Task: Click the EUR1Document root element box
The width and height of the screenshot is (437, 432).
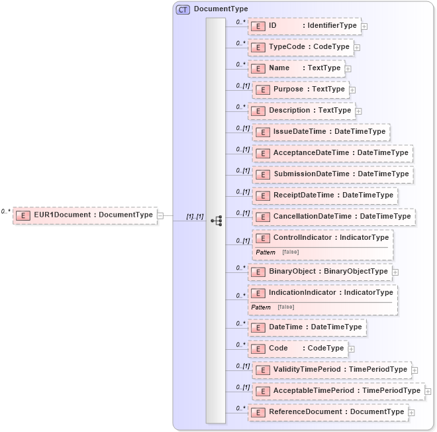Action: tap(85, 215)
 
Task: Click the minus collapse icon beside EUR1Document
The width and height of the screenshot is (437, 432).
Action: tap(160, 215)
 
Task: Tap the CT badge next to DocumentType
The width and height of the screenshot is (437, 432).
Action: tap(183, 9)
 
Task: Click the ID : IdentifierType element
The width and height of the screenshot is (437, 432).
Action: tap(305, 26)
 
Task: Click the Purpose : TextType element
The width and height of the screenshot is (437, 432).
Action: tap(301, 89)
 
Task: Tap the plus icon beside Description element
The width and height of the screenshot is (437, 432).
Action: tap(358, 111)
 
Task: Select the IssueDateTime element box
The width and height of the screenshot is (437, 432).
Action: tap(320, 132)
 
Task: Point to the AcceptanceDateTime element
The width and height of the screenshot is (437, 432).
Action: tap(332, 153)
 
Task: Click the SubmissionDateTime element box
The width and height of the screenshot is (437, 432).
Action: tap(332, 174)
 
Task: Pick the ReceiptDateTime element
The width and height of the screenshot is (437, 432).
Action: tap(325, 195)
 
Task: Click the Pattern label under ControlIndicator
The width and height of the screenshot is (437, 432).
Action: tap(266, 252)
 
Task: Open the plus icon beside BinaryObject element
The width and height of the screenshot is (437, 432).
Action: tap(395, 272)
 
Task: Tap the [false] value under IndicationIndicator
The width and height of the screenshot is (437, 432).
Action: tap(286, 307)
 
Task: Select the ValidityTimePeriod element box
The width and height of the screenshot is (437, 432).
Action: tap(331, 370)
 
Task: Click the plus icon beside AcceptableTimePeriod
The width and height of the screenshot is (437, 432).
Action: tap(428, 392)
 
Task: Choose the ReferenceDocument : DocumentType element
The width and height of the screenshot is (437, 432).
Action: tap(327, 412)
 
